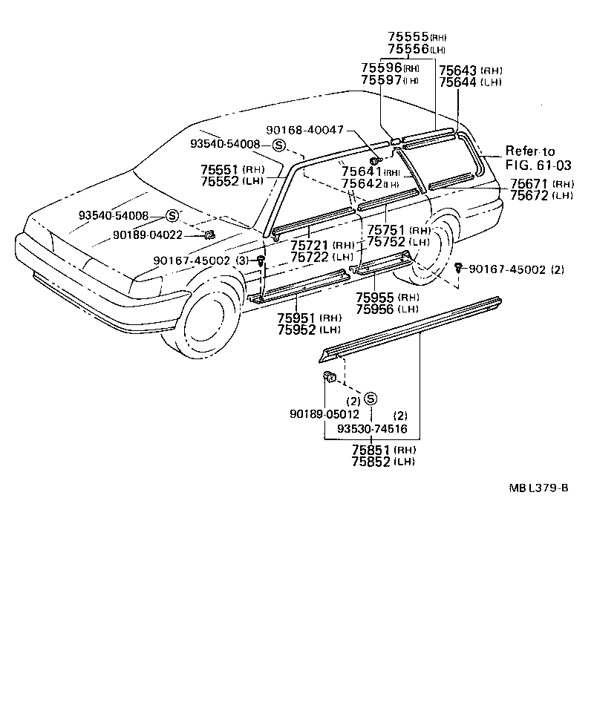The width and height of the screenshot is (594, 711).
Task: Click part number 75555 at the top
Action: pos(408,36)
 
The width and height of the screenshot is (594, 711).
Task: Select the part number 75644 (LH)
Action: pos(458,82)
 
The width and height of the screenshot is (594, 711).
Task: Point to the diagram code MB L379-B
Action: pos(539,488)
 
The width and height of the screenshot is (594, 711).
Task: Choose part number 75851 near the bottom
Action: pos(371,450)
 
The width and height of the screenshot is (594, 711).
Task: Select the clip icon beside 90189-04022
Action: pos(209,235)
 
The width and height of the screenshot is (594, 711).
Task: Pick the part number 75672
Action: pos(530,195)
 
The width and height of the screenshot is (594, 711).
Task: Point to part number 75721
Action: pos(310,245)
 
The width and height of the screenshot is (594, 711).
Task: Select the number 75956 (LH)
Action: pos(375,309)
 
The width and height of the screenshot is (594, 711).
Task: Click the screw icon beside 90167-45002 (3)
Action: pos(261,260)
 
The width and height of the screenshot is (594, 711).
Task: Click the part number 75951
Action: pos(298,318)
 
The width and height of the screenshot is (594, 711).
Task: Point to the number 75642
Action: pos(362,183)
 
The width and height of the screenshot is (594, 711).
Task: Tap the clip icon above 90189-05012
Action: pos(330,378)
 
